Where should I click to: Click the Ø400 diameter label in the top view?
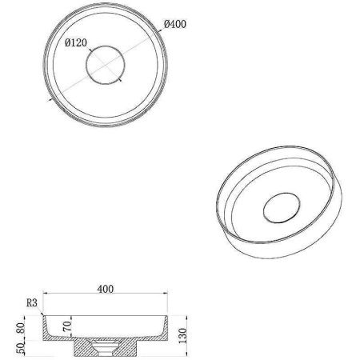175,24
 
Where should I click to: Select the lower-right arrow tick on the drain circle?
118,81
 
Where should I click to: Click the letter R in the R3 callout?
28,302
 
